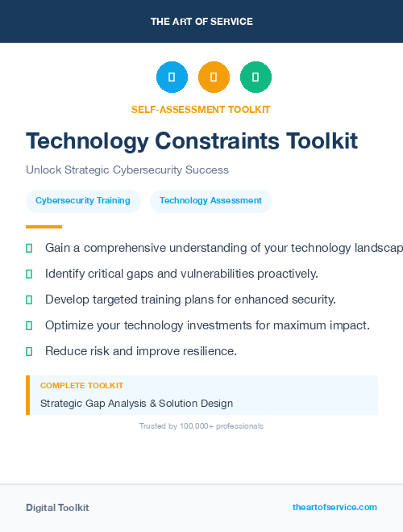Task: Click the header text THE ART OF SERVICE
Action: (x=201, y=22)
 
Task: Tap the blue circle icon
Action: (x=172, y=77)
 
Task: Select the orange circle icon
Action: (x=214, y=77)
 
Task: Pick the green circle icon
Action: (x=256, y=77)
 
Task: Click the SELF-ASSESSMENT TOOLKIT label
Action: (x=201, y=110)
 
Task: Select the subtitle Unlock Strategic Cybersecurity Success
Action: (x=127, y=170)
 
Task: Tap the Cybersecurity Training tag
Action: (x=83, y=201)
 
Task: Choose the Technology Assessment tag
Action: (x=210, y=201)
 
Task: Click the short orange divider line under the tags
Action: (x=44, y=227)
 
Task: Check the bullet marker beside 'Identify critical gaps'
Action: (x=29, y=274)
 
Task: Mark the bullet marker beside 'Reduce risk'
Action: (x=29, y=351)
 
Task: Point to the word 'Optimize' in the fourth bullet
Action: (x=70, y=325)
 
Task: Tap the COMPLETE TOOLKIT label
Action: (x=81, y=386)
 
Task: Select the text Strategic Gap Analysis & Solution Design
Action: (x=136, y=403)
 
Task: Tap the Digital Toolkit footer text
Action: (x=57, y=508)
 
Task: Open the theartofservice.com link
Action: (x=334, y=508)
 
